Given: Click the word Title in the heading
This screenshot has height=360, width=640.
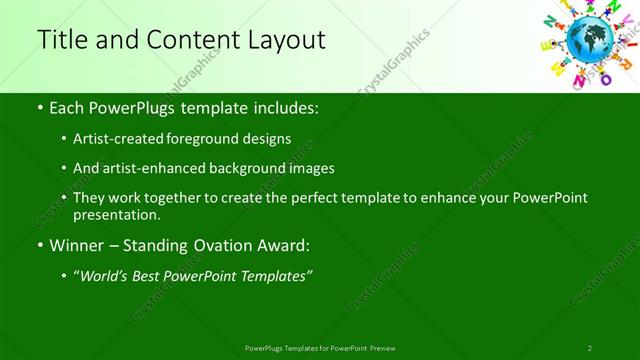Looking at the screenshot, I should tap(62, 40).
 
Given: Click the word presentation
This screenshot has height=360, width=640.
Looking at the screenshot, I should tap(116, 214).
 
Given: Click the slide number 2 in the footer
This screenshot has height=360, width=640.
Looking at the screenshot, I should tap(590, 348).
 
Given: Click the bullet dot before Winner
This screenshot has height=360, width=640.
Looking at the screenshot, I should tap(39, 245).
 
